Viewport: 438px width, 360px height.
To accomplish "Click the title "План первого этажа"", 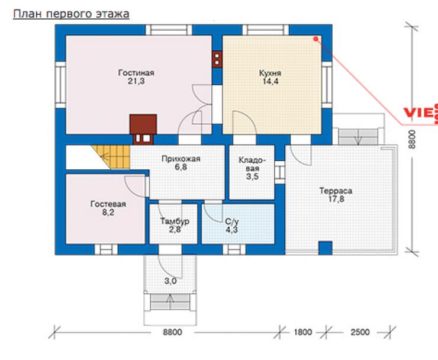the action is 71,14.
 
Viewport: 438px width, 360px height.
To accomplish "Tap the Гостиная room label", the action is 136,73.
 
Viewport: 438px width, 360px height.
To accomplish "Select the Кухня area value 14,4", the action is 270,81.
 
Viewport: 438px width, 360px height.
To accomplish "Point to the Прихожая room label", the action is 181,159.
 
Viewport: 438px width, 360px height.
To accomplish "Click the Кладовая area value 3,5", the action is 252,176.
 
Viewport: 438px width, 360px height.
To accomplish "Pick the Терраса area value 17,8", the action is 336,200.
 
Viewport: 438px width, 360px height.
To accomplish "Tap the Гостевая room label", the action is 108,204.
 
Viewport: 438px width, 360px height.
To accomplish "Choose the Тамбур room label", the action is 175,221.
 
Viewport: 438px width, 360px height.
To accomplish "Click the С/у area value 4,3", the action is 232,230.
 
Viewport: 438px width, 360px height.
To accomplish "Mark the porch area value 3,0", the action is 170,281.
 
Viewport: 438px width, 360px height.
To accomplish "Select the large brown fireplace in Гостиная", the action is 143,124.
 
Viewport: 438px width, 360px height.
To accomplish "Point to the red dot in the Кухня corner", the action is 315,39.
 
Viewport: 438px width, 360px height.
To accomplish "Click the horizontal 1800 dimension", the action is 303,332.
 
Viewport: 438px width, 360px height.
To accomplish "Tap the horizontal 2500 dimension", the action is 360,332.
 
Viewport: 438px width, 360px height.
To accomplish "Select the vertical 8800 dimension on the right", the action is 412,140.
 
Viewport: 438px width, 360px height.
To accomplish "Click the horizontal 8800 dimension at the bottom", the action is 172,332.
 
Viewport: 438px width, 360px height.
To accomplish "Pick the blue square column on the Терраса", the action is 326,248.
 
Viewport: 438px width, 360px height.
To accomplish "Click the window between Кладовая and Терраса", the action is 279,172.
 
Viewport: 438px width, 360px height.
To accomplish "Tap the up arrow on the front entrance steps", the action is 170,301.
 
